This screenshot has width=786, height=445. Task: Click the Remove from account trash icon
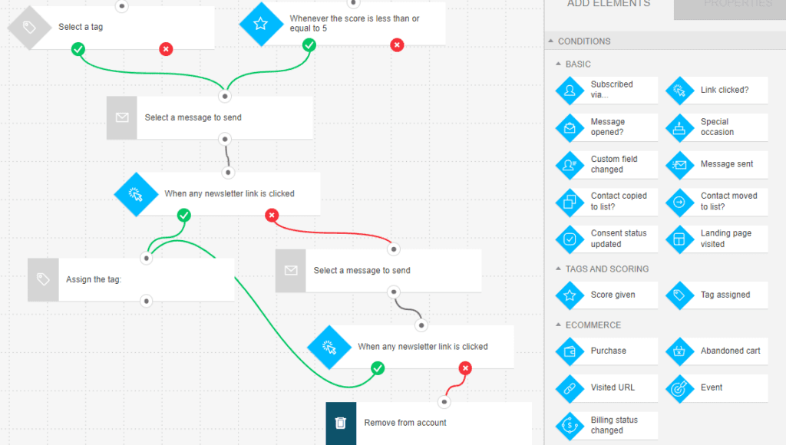(341, 423)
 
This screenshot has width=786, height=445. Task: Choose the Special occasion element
(717, 127)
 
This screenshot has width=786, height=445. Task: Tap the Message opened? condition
(606, 127)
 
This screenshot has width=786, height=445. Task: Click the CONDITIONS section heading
(584, 41)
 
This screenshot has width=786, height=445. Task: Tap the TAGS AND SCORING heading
(606, 269)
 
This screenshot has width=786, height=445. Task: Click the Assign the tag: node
(130, 280)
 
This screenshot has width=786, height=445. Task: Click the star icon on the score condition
(260, 24)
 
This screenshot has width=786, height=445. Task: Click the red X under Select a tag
(166, 49)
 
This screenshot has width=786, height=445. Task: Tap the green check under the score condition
(309, 45)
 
